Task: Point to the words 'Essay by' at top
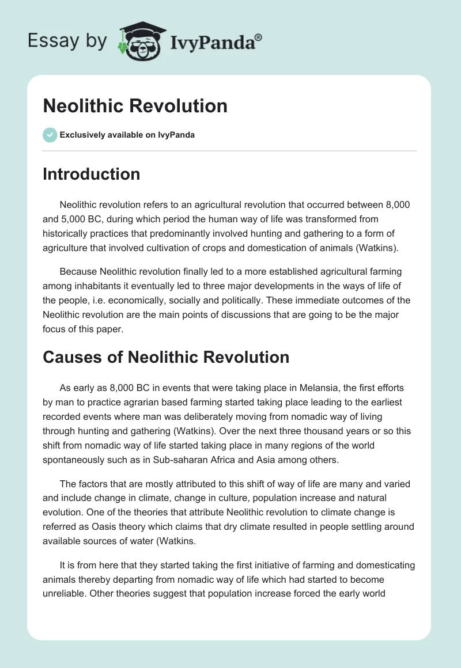point(68,41)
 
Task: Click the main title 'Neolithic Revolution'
point(135,106)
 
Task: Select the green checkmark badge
point(50,135)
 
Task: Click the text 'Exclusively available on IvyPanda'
point(127,135)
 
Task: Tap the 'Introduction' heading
point(91,174)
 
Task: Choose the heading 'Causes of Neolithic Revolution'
point(166,357)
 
